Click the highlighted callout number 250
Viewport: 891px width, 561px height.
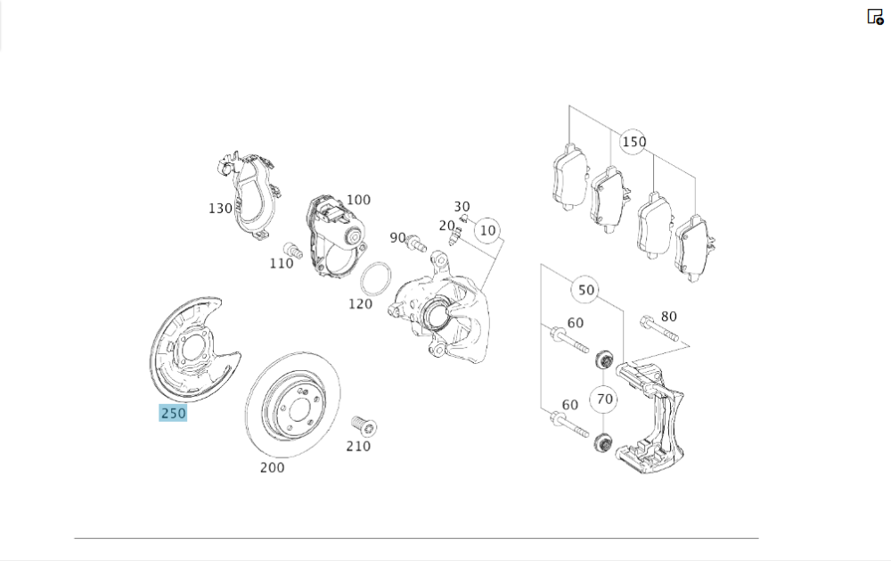coord(173,413)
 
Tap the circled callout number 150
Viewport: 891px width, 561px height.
coord(634,142)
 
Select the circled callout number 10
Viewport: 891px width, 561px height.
coord(486,230)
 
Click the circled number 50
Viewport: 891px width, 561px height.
coord(585,290)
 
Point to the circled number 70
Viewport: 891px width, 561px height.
coord(605,399)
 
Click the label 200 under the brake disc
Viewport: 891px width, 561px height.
coord(272,466)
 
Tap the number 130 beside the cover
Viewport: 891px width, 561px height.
coord(220,208)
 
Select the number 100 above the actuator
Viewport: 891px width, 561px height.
coord(358,200)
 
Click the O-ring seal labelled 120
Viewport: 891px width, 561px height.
coord(376,278)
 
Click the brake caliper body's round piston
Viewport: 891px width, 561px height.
coord(436,314)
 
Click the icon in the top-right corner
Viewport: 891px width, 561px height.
coord(875,16)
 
